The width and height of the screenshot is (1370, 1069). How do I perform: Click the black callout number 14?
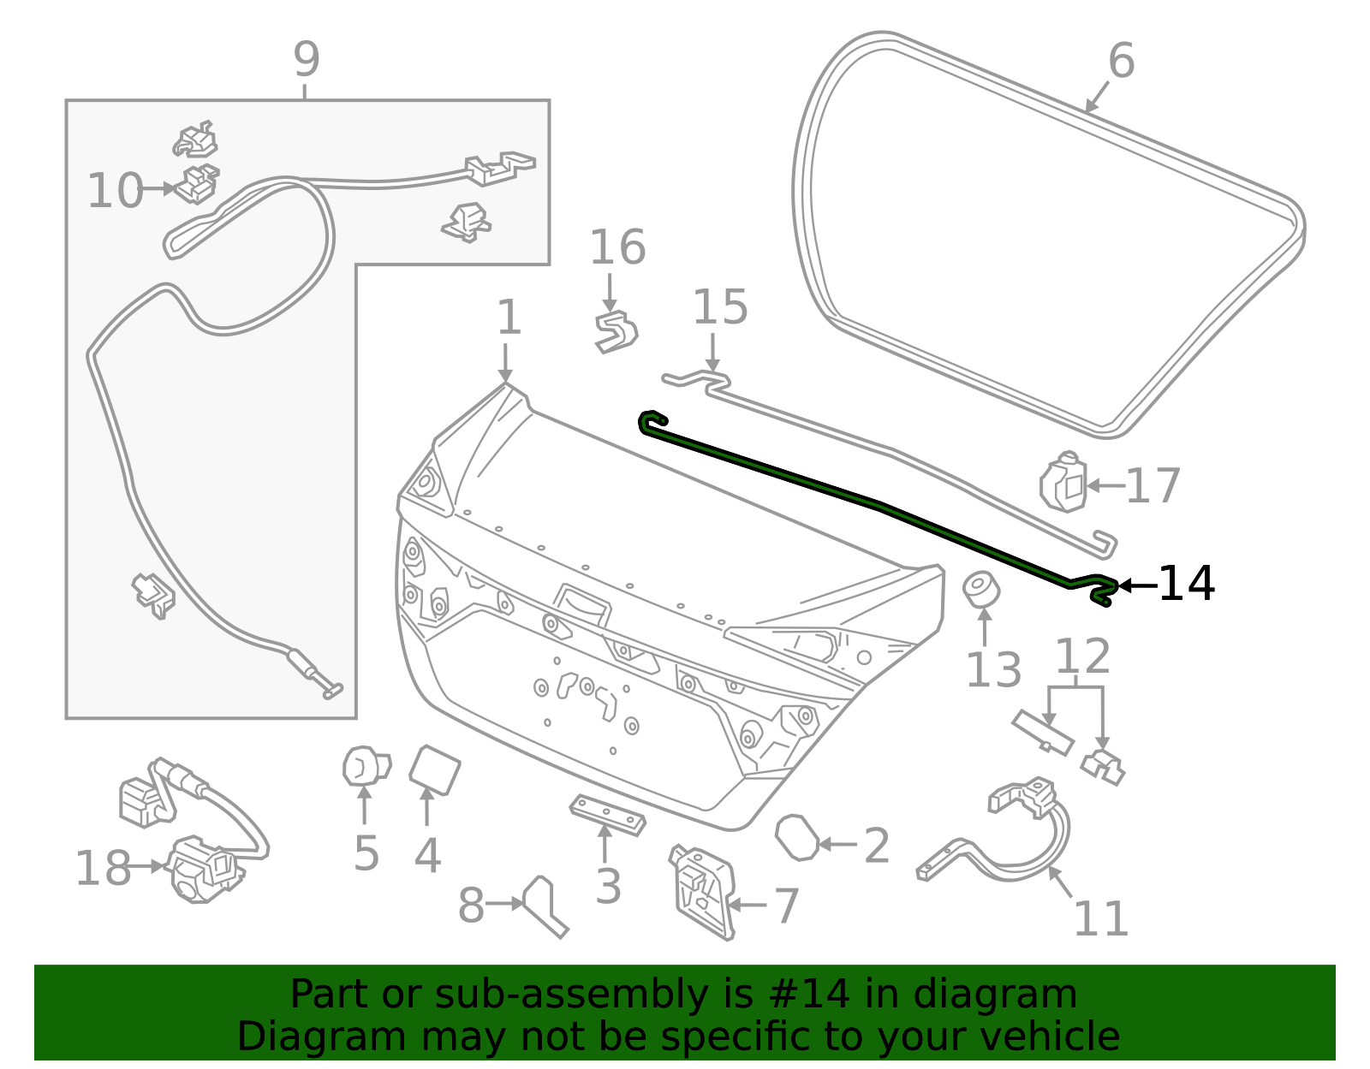pyautogui.click(x=1186, y=585)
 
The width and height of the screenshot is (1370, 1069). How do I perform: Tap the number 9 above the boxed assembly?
pyautogui.click(x=307, y=60)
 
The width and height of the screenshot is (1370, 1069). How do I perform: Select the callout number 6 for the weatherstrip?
pyautogui.click(x=1121, y=62)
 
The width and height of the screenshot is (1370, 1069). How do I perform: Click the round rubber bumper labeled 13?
pyautogui.click(x=982, y=589)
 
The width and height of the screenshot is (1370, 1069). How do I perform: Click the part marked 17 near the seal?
pyautogui.click(x=1063, y=484)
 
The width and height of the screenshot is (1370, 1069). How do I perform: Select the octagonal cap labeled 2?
pyautogui.click(x=796, y=837)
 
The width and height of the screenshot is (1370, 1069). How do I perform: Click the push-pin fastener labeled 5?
pyautogui.click(x=365, y=765)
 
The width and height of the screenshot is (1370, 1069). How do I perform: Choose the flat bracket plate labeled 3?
pyautogui.click(x=608, y=814)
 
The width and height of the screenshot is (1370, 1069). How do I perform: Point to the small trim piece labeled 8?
pyautogui.click(x=545, y=906)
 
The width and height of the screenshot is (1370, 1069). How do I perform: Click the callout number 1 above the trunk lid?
pyautogui.click(x=509, y=318)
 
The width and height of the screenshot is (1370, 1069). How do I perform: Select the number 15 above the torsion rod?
pyautogui.click(x=719, y=307)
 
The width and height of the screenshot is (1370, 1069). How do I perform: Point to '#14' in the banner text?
pyautogui.click(x=809, y=995)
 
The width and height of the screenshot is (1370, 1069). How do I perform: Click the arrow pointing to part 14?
pyautogui.click(x=1137, y=585)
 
